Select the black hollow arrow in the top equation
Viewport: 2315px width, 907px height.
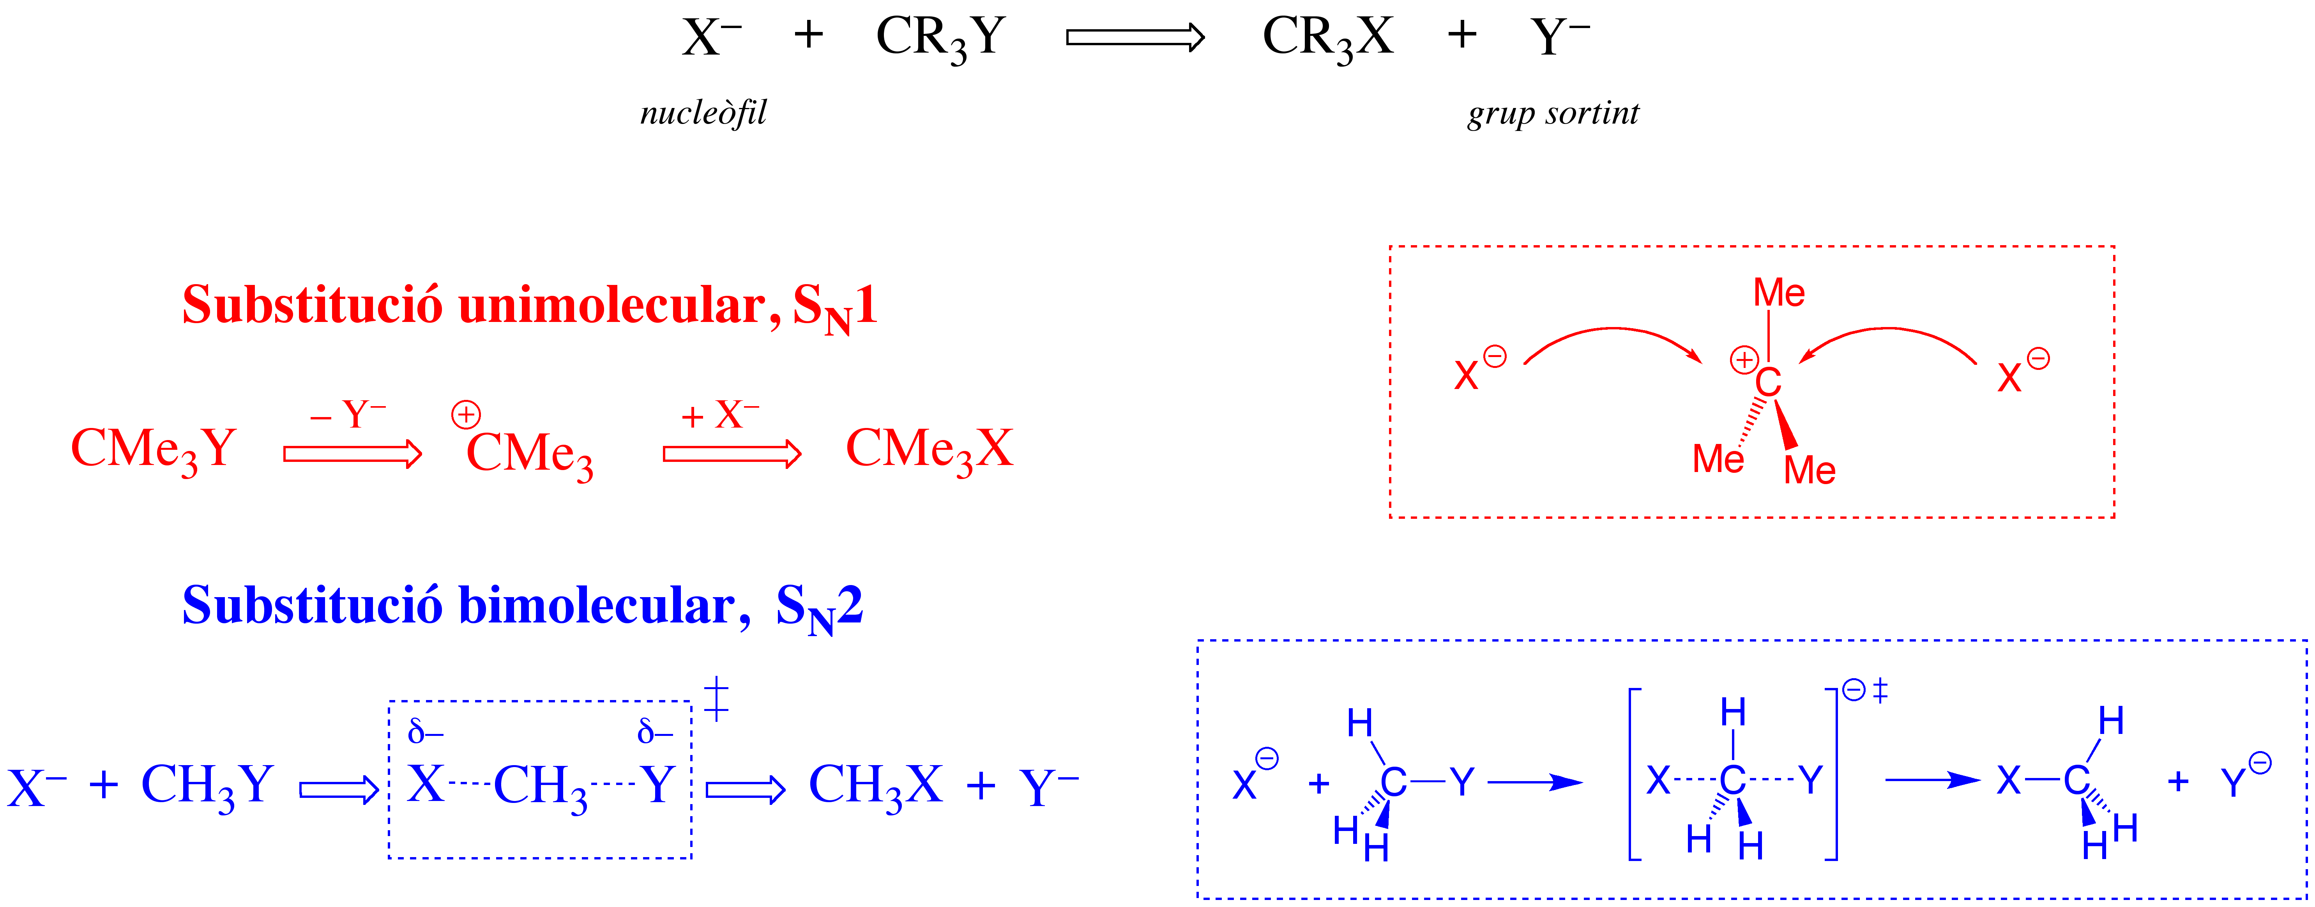[1135, 37]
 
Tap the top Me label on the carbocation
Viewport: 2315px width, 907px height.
[1780, 292]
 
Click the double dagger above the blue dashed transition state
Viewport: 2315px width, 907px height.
[716, 699]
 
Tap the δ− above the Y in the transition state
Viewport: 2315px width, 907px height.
[655, 732]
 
